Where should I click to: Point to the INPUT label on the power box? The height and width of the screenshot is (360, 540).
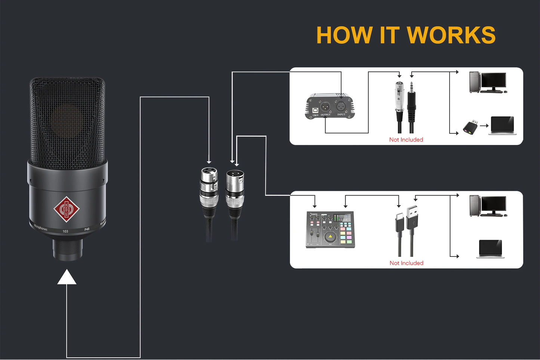[x=341, y=115]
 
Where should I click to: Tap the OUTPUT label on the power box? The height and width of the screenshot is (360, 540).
[x=325, y=115]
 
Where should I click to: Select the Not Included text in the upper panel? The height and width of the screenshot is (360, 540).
[x=406, y=140]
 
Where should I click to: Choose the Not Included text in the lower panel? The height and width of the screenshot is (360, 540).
[x=406, y=263]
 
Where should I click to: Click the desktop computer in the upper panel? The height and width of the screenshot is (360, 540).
[x=488, y=82]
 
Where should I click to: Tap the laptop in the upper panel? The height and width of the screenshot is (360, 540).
[x=503, y=125]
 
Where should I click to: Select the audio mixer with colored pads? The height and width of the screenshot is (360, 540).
[x=330, y=230]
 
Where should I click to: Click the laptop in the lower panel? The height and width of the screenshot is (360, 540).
[x=490, y=249]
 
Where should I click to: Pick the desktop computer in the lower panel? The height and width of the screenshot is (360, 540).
[x=488, y=206]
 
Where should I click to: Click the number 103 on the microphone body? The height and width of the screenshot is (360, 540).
[x=65, y=232]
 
